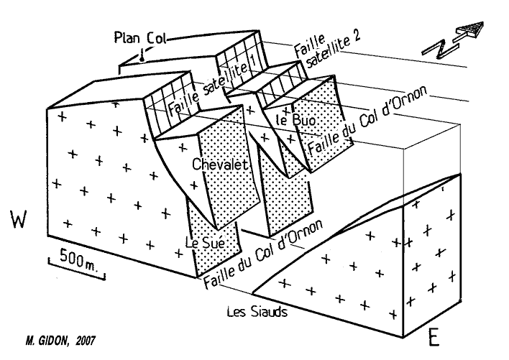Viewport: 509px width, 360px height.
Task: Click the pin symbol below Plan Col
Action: click(x=144, y=56)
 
